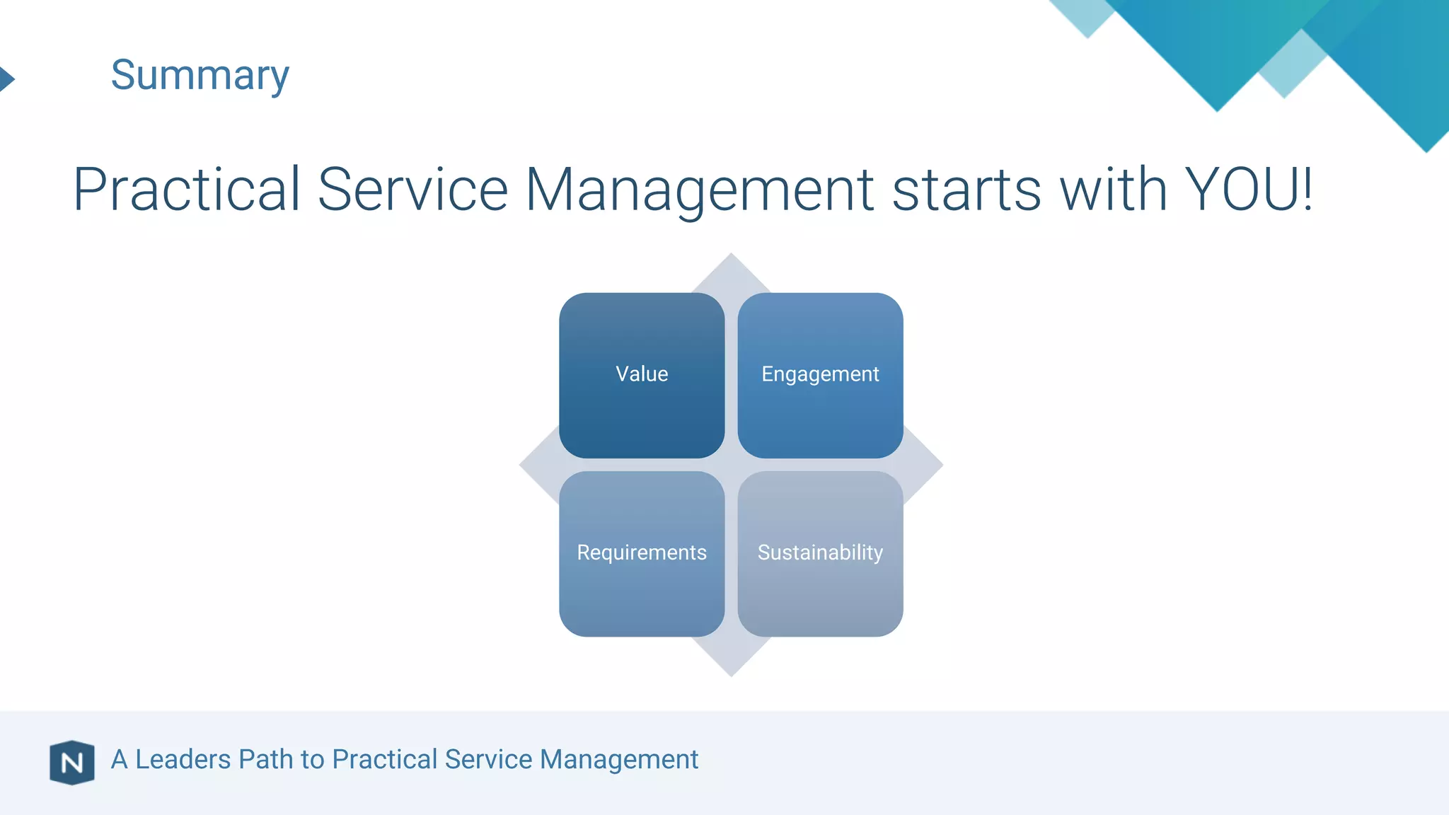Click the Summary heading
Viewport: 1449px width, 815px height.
[x=200, y=75]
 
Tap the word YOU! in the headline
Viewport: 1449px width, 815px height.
[x=1248, y=190]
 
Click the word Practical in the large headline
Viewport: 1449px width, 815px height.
[x=187, y=190]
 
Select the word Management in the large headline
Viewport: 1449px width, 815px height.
[x=699, y=190]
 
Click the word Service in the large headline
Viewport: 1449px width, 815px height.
[x=412, y=190]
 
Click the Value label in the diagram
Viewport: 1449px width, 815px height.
[x=642, y=374]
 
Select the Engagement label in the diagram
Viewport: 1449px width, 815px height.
[x=820, y=374]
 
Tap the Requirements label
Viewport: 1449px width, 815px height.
[x=642, y=552]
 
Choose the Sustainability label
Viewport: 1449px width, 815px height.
[x=820, y=552]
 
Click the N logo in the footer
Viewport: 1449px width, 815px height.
[x=72, y=762]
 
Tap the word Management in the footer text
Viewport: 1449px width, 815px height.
[x=618, y=759]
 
